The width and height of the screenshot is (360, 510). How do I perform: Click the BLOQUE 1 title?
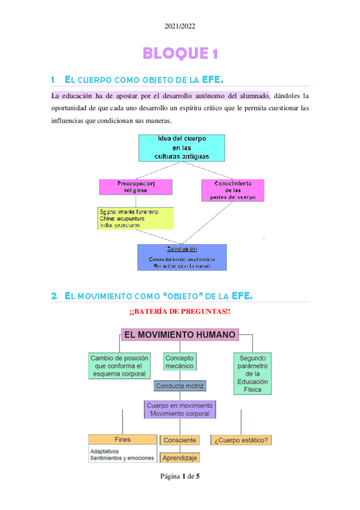pos(180,54)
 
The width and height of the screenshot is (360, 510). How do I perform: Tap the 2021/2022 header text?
pos(180,26)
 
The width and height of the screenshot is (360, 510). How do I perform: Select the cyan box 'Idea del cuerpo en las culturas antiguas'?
pos(182,147)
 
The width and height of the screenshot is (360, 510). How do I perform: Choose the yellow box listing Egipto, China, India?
pos(135,218)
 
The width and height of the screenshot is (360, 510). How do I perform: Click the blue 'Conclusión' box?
pos(182,257)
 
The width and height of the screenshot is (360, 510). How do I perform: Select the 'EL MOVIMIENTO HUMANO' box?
pos(180,334)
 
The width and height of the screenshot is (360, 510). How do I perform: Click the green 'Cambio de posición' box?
pos(118,366)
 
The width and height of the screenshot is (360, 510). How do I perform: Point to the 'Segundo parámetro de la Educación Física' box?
pos(252,373)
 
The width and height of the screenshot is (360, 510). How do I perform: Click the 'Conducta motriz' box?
pos(180,386)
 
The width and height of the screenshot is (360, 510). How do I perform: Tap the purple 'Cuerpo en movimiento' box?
pos(180,410)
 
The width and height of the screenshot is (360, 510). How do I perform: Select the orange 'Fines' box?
pos(122,440)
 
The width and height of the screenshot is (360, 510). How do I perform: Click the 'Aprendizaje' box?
pos(180,458)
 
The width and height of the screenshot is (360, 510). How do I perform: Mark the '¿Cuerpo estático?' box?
pos(241,440)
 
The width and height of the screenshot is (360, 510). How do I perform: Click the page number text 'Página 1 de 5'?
pos(180,477)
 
